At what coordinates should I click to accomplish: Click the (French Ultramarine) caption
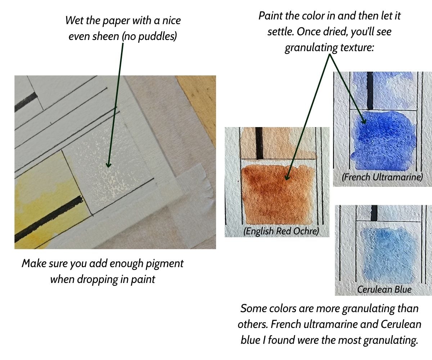[x=382, y=177]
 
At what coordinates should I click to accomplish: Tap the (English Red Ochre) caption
[x=281, y=231]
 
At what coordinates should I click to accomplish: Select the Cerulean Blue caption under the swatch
[x=384, y=289]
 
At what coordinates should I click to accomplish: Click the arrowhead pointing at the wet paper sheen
[x=109, y=165]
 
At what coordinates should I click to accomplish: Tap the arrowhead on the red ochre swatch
[x=287, y=177]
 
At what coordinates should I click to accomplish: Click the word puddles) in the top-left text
[x=157, y=36]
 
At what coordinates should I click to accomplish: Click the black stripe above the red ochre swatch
[x=259, y=143]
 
